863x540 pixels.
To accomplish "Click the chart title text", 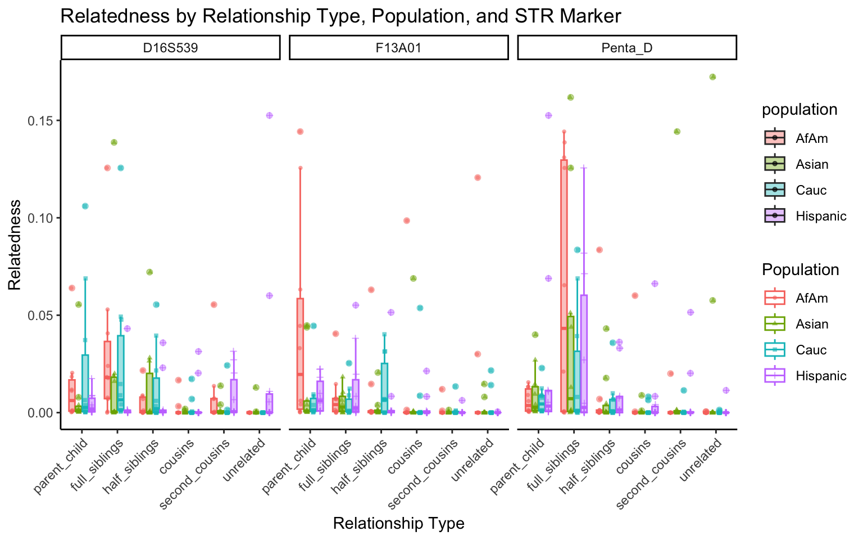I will point(340,16).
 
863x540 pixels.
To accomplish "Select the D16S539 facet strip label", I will point(170,48).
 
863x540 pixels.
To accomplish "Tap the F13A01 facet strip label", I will point(398,48).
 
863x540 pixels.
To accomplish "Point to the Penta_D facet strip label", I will point(626,48).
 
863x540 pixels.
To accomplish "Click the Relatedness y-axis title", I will point(15,245).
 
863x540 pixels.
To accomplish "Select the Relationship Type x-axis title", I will point(398,524).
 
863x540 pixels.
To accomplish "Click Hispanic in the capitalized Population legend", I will point(821,376).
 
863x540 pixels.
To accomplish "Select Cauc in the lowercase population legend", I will point(811,190).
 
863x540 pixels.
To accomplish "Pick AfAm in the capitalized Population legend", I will point(812,298).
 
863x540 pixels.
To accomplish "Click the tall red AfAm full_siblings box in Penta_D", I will point(564,281).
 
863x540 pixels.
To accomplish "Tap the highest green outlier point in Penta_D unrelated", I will point(712,77).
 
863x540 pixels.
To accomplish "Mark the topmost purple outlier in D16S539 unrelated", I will point(269,115).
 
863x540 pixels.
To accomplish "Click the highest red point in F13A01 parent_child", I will point(300,132).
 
